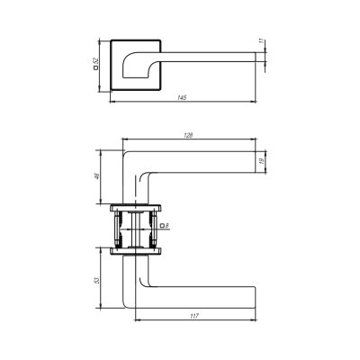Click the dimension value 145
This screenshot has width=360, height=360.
click(x=182, y=98)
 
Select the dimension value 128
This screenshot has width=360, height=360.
click(x=188, y=135)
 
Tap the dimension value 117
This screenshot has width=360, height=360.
click(x=194, y=316)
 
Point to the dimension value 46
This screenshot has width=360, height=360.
click(x=97, y=176)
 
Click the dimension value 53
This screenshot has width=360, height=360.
click(x=96, y=281)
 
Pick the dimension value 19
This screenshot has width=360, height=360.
click(x=261, y=161)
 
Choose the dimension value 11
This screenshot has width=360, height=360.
click(x=261, y=41)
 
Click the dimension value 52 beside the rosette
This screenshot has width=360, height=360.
click(x=95, y=61)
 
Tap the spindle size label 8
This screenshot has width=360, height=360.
click(x=166, y=225)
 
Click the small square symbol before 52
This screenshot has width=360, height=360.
click(x=95, y=67)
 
